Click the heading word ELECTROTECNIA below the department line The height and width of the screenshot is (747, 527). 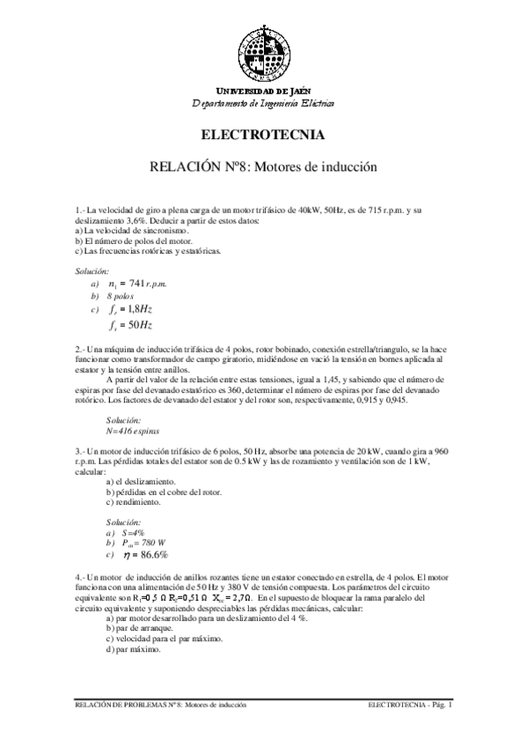click(x=263, y=136)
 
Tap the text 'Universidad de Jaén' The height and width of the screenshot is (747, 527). click(x=263, y=92)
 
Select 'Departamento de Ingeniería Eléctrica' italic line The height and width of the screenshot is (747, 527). click(x=263, y=103)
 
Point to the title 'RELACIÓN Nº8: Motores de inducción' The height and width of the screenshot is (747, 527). click(x=263, y=166)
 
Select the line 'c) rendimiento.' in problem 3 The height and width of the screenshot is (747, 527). click(x=134, y=503)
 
